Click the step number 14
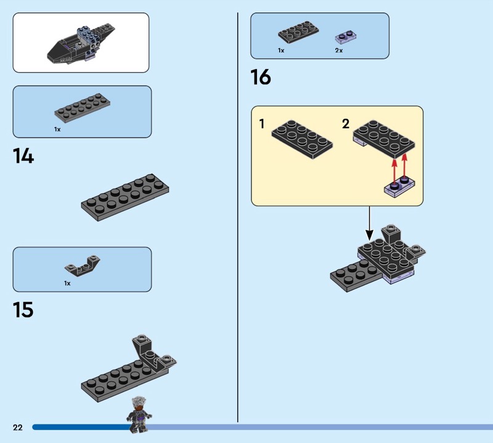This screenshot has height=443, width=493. tap(23, 157)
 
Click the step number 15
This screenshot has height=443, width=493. tap(23, 310)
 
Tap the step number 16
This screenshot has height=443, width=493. tap(261, 78)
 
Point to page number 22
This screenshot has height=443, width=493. tap(17, 428)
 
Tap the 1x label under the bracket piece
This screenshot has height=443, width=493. tap(67, 283)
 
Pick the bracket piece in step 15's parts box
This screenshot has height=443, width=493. tap(82, 266)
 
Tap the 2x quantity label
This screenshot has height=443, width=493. tap(339, 50)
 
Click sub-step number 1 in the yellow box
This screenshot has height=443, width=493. tap(262, 124)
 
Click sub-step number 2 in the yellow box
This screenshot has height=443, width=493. tap(345, 124)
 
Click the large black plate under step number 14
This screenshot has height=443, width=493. tap(125, 196)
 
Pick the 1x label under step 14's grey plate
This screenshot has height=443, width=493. tap(57, 130)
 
